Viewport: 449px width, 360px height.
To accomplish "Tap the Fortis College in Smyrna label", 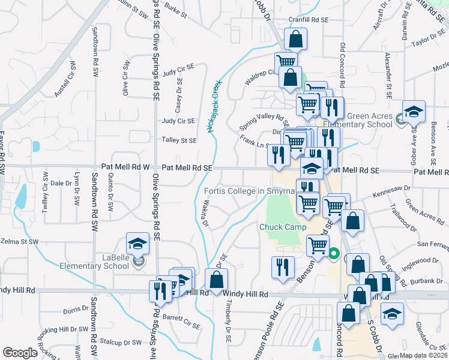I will point(250,191).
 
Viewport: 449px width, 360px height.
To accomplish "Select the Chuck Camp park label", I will point(283,227).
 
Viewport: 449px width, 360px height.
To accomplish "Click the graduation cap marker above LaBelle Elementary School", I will point(137,242).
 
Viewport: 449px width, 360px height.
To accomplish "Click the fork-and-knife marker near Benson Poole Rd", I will point(283,266).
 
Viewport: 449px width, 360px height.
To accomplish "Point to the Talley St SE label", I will point(179,140).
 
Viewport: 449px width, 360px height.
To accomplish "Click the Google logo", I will point(20,353).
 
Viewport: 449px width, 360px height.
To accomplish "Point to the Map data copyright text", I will point(423,355).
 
